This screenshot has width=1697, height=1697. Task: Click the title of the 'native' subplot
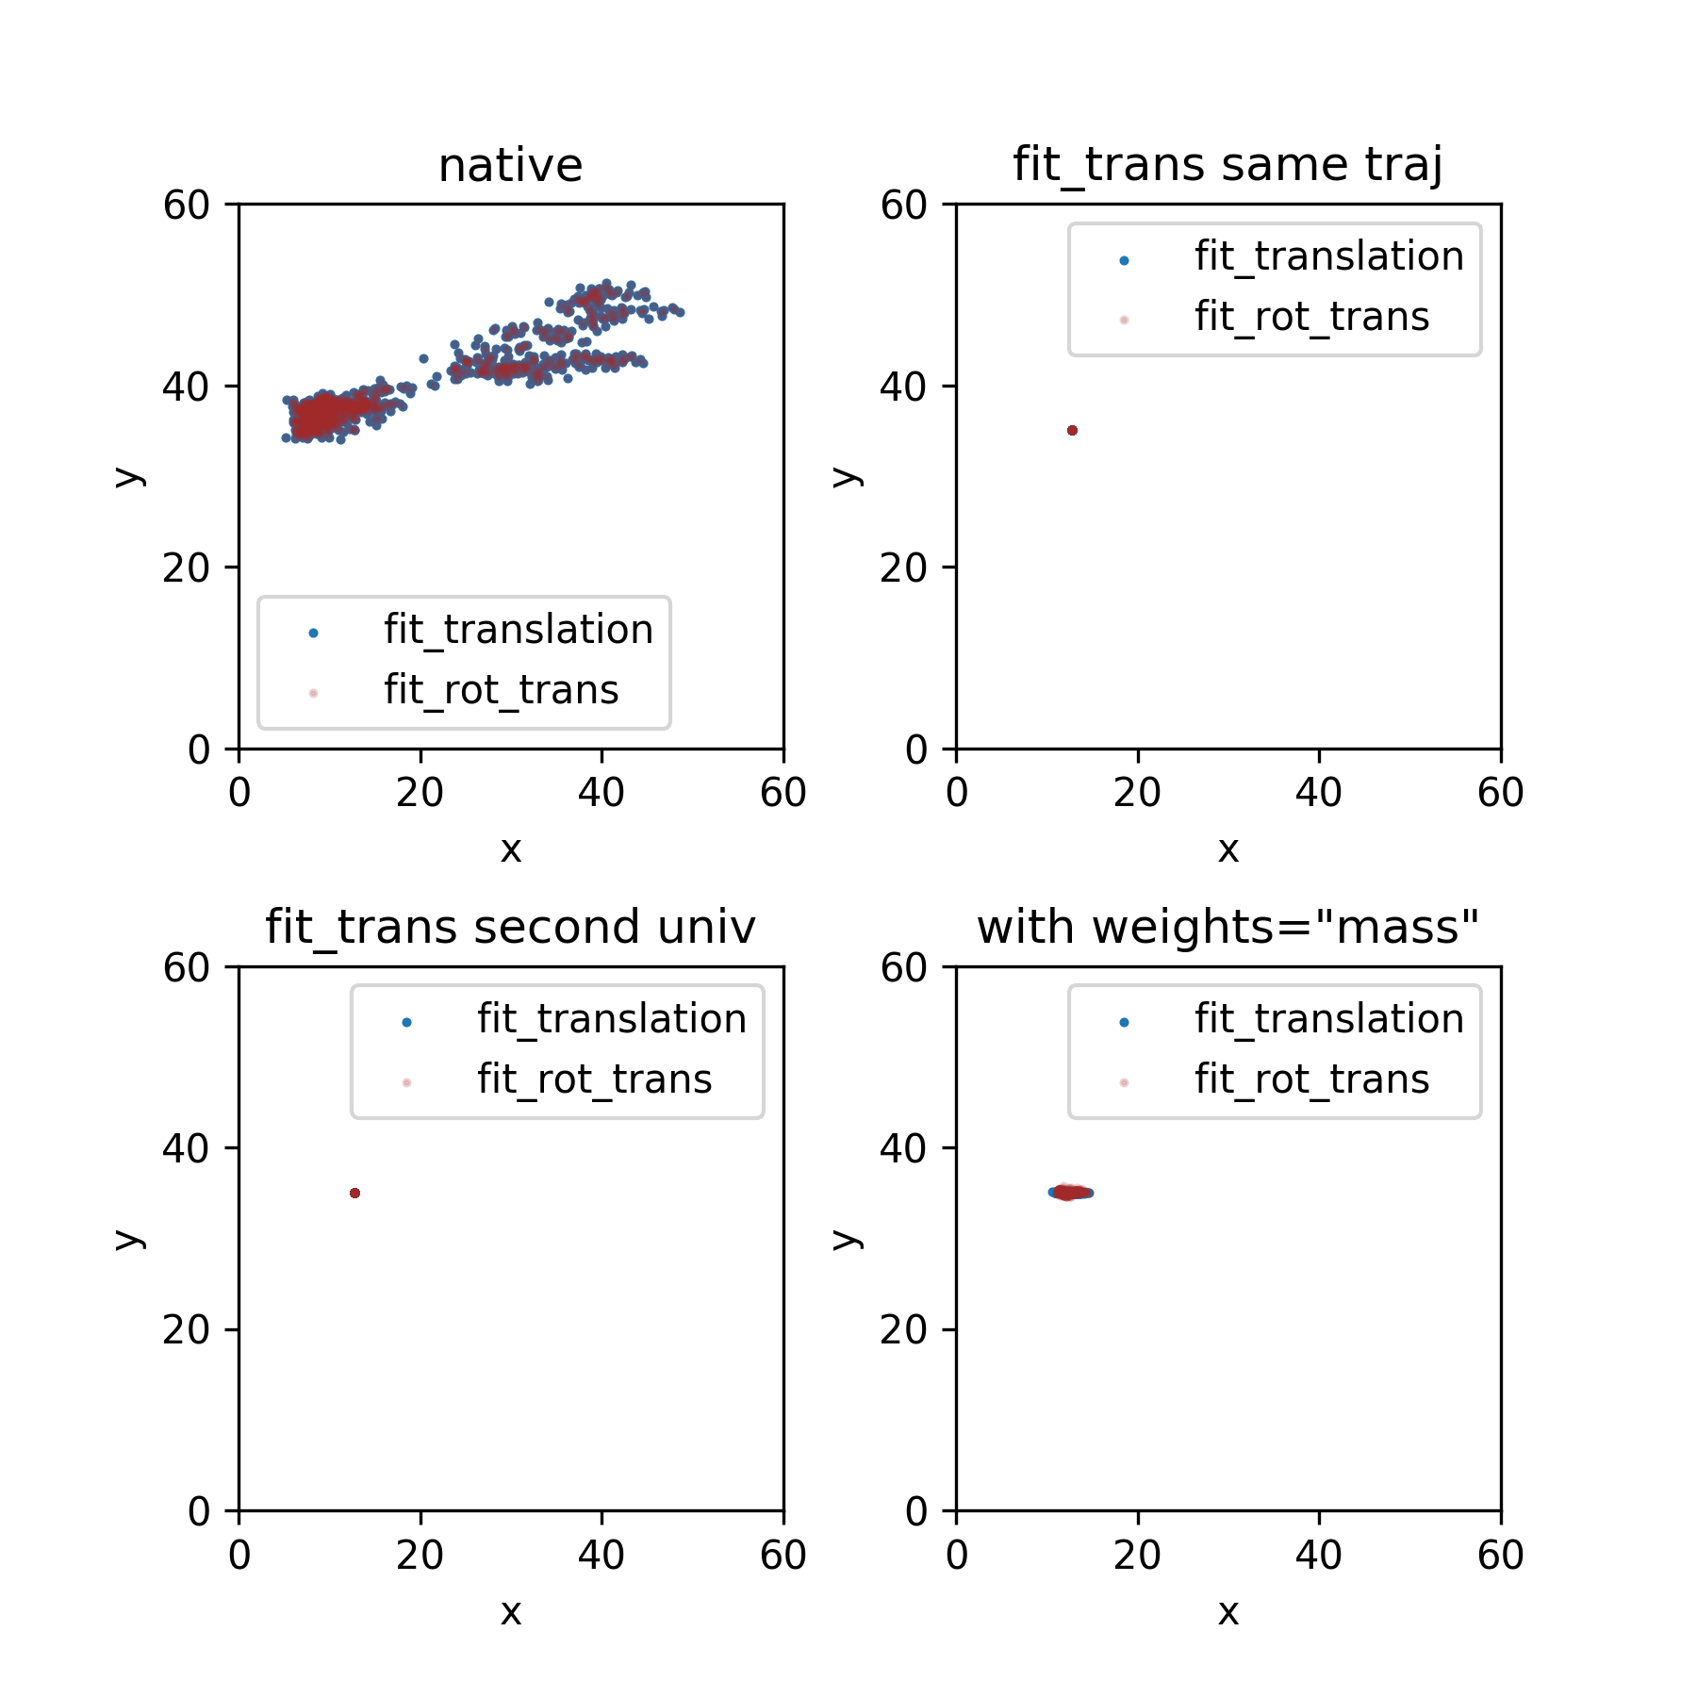[x=510, y=166]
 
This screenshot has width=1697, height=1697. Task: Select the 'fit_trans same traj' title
[x=1227, y=166]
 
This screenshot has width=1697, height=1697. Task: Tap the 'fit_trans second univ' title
[x=510, y=928]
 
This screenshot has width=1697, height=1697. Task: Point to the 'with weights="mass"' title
[x=1227, y=928]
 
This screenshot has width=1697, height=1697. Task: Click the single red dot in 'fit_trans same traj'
[x=1072, y=431]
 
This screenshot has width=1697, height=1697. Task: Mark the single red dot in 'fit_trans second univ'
[x=354, y=1194]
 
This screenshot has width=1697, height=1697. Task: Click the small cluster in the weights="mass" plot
[x=1070, y=1193]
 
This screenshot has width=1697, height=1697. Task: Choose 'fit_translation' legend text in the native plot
[x=518, y=630]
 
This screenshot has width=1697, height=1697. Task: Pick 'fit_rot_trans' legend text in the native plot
[x=501, y=690]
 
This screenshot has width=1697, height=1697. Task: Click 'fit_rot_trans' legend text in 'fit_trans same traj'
[x=1311, y=317]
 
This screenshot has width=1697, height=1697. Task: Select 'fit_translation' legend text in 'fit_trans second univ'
[x=611, y=1019]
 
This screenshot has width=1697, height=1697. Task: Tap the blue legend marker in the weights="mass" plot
[x=1124, y=1022]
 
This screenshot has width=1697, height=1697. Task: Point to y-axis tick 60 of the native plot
[x=186, y=206]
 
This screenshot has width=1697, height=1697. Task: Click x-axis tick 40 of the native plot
[x=601, y=793]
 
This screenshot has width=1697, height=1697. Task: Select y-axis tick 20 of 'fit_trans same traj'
[x=903, y=568]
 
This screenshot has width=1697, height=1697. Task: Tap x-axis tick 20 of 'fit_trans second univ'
[x=420, y=1556]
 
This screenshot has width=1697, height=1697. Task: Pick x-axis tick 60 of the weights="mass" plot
[x=1500, y=1556]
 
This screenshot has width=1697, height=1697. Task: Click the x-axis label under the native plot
[x=510, y=850]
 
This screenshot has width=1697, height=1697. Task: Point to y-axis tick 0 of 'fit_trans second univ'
[x=199, y=1512]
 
